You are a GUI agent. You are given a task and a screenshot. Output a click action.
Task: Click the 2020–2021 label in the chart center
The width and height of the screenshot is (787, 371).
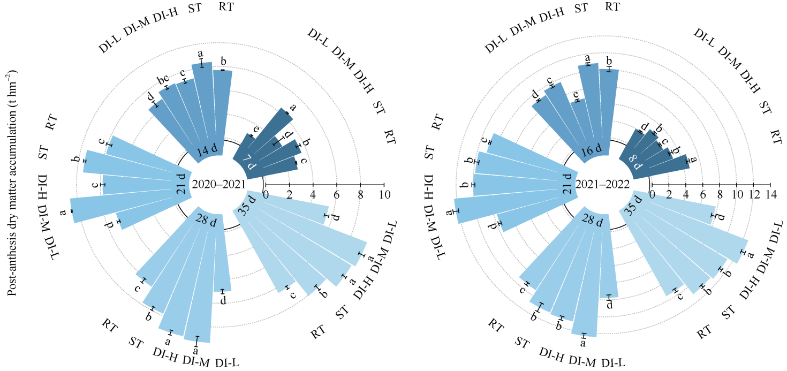click(x=218, y=185)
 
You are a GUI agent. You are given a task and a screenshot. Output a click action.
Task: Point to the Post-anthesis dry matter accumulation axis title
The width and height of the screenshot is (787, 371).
click(x=11, y=184)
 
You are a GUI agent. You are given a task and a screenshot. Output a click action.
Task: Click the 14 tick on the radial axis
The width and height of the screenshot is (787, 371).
click(x=770, y=193)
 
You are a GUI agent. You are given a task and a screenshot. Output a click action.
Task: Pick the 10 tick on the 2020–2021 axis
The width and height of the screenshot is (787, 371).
click(x=383, y=193)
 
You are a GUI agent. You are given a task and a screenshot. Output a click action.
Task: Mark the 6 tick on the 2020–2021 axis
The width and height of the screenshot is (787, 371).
click(x=336, y=193)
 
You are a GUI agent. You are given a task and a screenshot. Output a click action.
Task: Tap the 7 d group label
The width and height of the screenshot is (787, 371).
click(x=251, y=161)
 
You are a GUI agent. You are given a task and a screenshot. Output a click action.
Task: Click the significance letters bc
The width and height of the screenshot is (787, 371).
click(x=163, y=81)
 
